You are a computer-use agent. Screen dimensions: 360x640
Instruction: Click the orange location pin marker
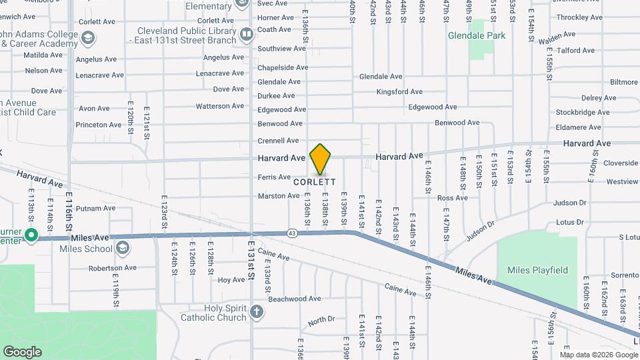(321, 159)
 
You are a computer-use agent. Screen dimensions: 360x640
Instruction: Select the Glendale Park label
(476, 35)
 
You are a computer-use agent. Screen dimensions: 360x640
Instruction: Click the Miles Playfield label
(537, 270)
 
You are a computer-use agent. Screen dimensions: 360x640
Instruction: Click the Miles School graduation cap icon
(122, 249)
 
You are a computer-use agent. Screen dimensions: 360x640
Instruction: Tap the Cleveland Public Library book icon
(247, 33)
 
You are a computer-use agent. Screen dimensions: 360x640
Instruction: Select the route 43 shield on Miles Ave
(293, 233)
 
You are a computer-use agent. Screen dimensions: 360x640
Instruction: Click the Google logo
(22, 351)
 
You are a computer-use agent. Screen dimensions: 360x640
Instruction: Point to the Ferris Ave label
(275, 177)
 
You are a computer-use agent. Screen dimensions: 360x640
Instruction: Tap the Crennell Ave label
(279, 141)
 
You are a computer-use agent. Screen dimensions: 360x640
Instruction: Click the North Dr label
(321, 321)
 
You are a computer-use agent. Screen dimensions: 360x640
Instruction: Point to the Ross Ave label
(453, 198)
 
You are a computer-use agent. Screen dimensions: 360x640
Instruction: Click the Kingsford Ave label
(399, 92)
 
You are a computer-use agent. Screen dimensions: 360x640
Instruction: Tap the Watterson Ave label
(220, 106)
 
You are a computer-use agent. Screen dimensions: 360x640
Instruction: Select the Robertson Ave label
(113, 268)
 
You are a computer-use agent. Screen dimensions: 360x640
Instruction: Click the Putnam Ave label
(96, 209)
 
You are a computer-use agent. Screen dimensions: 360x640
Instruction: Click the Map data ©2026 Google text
(599, 353)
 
